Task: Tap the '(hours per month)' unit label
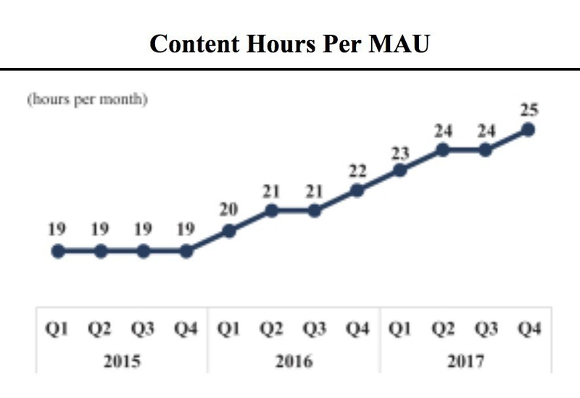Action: point(88,100)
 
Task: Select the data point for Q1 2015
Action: point(58,252)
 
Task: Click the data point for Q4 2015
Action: point(186,252)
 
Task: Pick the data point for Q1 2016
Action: point(229,231)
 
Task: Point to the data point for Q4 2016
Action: point(357,191)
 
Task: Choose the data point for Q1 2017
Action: point(399,170)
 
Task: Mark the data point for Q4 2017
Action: point(528,130)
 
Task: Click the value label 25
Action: point(528,111)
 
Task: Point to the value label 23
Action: point(399,153)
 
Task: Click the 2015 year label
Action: point(123,361)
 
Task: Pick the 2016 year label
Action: point(294,361)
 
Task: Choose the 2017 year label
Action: point(464,361)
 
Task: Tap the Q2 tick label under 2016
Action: point(272,329)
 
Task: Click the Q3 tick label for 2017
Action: point(485,329)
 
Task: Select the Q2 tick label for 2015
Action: point(101,329)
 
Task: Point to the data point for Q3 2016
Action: point(315,211)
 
